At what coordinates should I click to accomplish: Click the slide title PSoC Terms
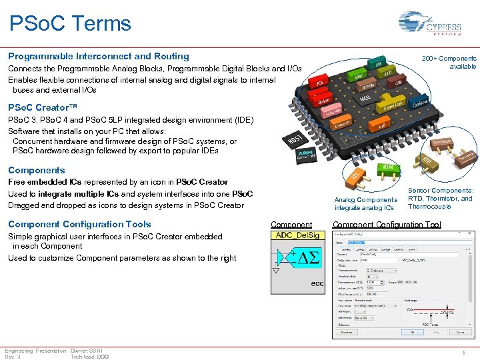70,23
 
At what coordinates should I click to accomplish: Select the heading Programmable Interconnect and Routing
98,57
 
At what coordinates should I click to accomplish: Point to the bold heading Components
36,170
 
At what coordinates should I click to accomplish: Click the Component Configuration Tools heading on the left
79,225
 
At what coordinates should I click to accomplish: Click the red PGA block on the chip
320,83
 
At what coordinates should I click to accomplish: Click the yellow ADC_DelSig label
298,235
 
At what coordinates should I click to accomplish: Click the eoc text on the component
317,283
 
